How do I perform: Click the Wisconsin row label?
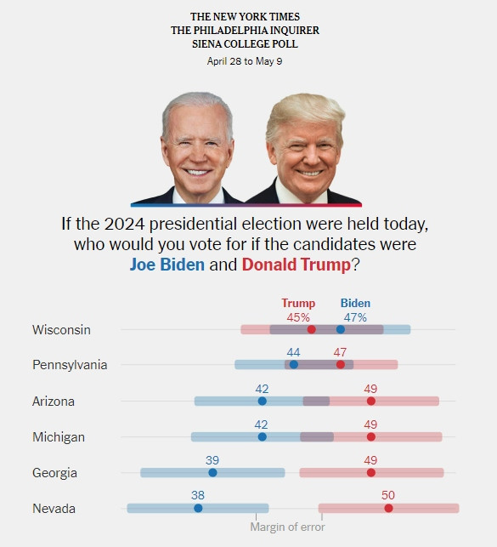[61, 329]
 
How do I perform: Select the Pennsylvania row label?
[70, 365]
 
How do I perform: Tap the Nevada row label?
[54, 508]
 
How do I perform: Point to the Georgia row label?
[54, 472]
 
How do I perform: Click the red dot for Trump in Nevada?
[388, 508]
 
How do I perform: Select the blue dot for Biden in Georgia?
[212, 472]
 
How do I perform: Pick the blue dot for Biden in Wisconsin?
[341, 329]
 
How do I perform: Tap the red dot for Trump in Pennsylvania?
[341, 365]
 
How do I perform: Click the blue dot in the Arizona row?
[262, 401]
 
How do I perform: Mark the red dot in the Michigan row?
[370, 436]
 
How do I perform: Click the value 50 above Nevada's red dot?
[388, 495]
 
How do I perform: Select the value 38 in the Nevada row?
[198, 495]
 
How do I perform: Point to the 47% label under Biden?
[355, 317]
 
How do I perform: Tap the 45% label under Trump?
[298, 317]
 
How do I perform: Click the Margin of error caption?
[287, 527]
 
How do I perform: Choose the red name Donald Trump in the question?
[296, 264]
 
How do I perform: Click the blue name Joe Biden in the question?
[167, 264]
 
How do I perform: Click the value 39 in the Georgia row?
[212, 459]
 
